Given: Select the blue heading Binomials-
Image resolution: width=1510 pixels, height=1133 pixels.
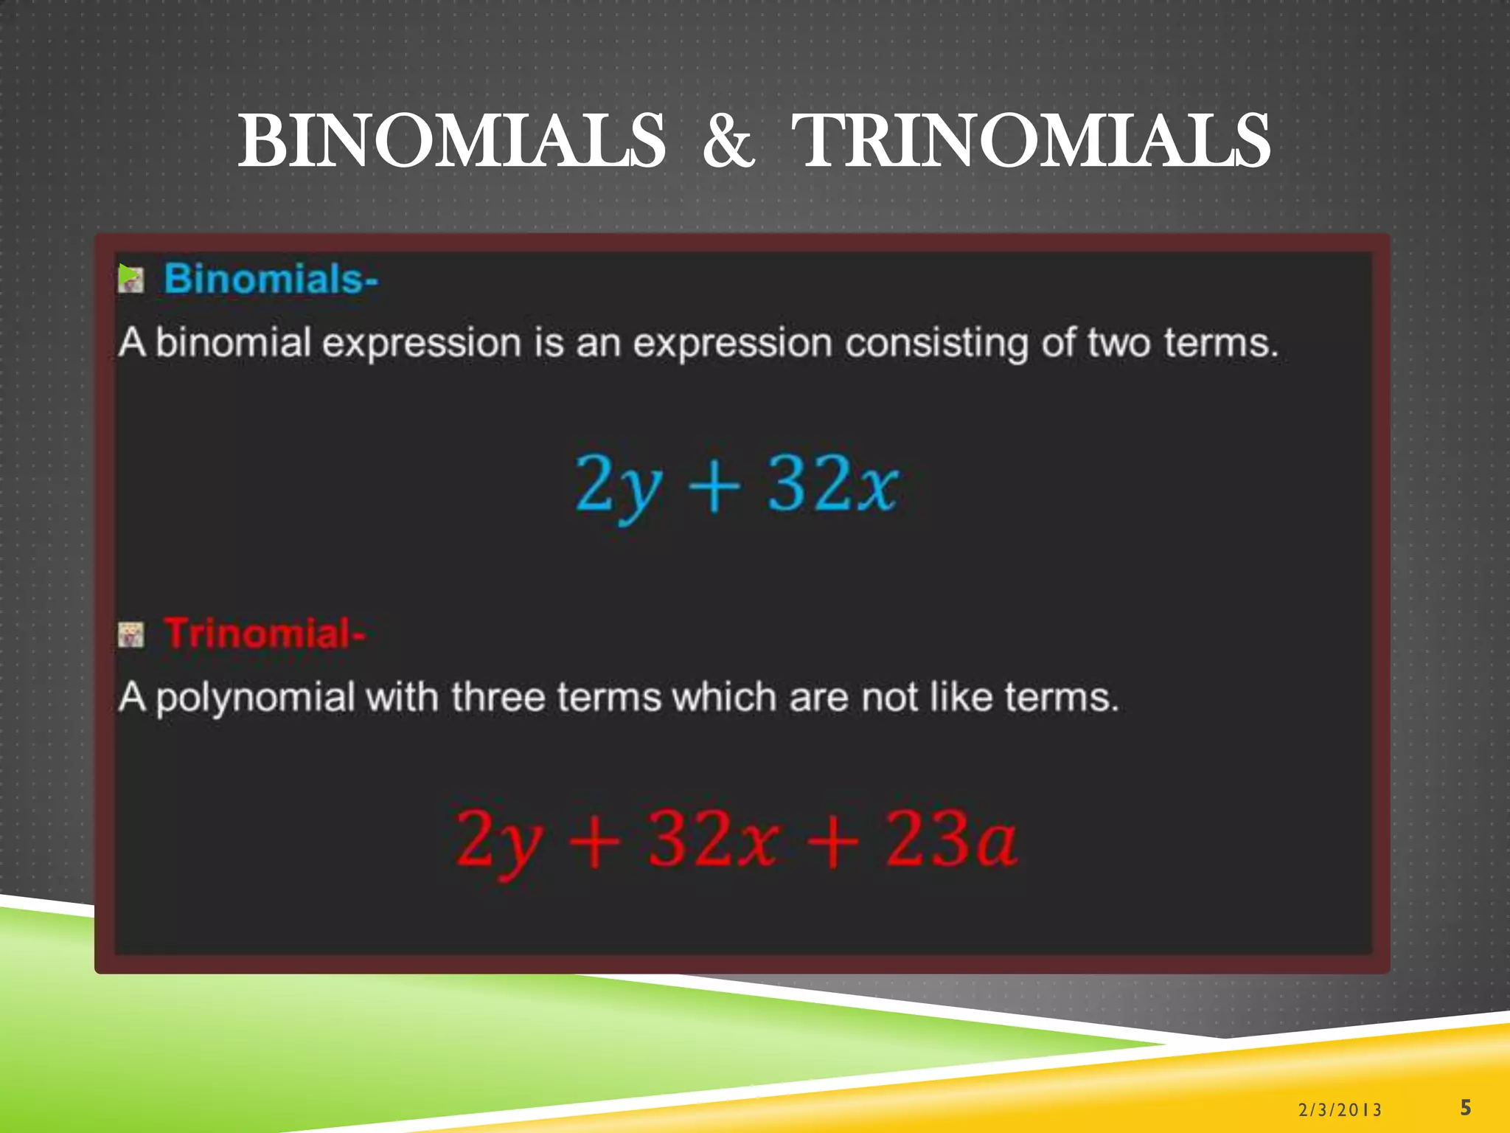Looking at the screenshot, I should (271, 280).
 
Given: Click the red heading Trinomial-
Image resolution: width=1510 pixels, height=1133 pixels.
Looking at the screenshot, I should (265, 634).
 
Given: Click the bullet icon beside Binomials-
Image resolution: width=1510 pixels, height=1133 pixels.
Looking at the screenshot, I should (131, 278).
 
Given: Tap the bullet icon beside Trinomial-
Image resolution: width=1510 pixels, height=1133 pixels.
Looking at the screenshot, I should (131, 634).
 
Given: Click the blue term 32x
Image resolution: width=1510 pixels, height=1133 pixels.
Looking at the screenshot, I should (833, 483).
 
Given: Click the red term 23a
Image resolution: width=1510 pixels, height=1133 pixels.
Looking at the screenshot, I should (951, 839).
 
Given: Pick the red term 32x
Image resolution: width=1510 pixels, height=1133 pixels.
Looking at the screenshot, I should (713, 839).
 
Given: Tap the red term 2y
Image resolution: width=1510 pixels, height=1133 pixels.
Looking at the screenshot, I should (499, 841).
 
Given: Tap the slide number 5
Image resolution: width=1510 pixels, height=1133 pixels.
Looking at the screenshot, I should (1466, 1107).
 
